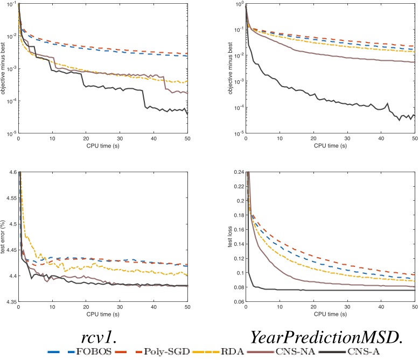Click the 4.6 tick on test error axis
pyautogui.click(x=11, y=172)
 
